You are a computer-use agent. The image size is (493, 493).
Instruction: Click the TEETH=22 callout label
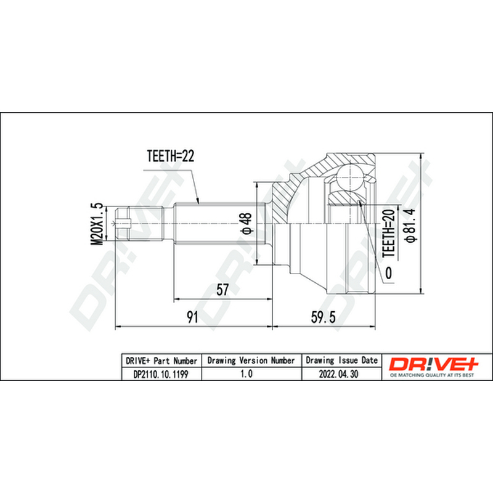click(x=171, y=156)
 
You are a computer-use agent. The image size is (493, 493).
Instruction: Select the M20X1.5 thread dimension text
click(x=97, y=224)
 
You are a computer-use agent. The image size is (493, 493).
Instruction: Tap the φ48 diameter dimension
click(x=246, y=224)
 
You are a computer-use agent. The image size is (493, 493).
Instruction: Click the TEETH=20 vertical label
click(x=389, y=233)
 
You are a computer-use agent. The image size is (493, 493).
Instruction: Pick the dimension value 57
click(x=222, y=290)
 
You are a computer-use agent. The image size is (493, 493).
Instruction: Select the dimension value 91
click(x=192, y=317)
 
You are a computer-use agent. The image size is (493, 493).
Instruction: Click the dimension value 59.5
click(x=323, y=317)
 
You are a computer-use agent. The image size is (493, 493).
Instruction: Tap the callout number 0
click(x=389, y=273)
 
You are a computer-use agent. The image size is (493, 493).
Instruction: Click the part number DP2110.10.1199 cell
click(x=161, y=374)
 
